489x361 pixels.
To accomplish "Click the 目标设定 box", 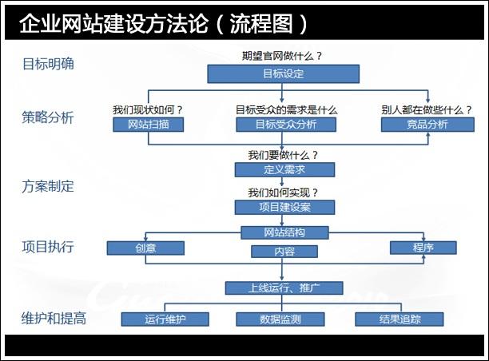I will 284,73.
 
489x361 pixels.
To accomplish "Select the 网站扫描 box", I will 149,125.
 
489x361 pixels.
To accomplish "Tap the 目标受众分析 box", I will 285,125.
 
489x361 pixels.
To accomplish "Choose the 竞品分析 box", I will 427,125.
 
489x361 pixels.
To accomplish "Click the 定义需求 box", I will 284,169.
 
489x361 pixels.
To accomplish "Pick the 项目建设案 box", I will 284,207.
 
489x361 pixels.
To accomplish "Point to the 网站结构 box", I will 284,232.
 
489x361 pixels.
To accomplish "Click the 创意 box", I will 145,248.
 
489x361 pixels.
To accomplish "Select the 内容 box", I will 284,252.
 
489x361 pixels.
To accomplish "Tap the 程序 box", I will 423,248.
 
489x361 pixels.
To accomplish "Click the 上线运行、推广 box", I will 284,288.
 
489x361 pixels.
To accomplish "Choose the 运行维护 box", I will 165,319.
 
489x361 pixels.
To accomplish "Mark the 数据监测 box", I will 281,319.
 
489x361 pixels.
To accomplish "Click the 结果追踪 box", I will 400,319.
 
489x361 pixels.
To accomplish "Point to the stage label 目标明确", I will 48,64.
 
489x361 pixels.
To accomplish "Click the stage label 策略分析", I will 48,117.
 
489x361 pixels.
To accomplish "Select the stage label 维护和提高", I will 54,318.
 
